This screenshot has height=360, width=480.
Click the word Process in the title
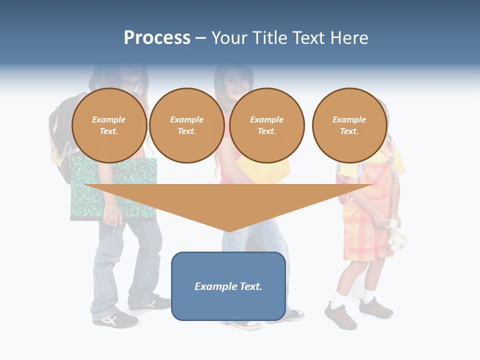pos(157,38)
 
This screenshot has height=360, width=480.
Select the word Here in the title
pos(348,38)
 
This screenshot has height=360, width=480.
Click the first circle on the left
pos(109,125)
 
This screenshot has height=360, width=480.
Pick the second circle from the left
pos(186,125)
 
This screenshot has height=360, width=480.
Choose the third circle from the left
pos(266,125)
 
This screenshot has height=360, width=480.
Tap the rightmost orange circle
pos(349,125)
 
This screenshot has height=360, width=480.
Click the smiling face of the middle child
pos(235,82)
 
